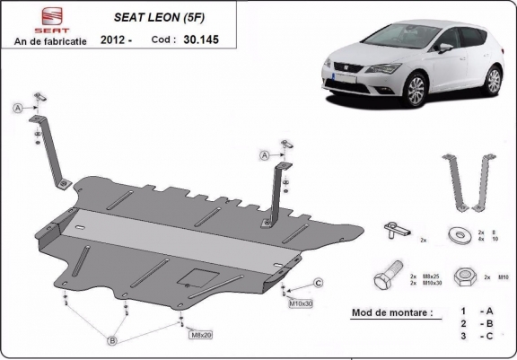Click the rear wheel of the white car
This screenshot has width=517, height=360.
493,81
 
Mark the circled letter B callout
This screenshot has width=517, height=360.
112,340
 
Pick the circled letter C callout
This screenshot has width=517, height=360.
318,284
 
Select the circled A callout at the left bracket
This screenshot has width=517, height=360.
17,108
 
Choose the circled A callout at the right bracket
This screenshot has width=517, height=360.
265,155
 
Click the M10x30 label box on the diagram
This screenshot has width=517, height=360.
301,303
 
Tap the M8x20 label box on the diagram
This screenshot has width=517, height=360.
201,334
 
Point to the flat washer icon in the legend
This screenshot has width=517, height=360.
464,235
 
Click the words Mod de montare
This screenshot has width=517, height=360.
386,313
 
